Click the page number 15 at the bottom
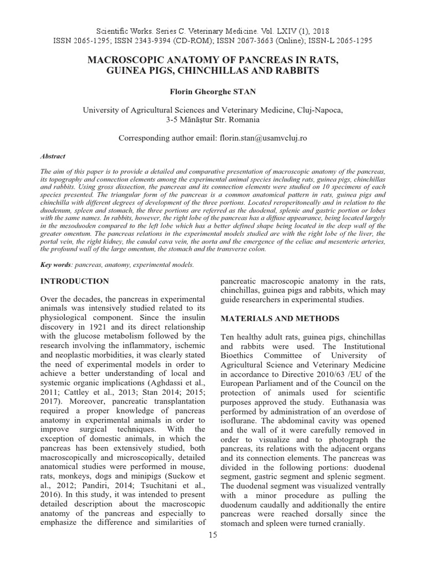(214, 535)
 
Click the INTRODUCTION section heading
(75, 281)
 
